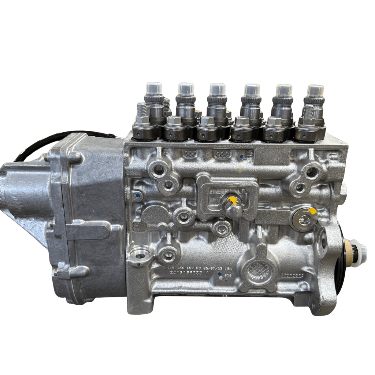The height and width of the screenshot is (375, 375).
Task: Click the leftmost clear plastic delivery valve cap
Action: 154,88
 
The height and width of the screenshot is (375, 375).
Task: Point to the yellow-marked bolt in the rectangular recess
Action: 233,205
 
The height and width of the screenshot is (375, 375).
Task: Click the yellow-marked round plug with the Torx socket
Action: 304,219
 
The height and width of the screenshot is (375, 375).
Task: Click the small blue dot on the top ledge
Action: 241,156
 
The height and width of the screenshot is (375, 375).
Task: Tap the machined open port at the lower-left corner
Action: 140,253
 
